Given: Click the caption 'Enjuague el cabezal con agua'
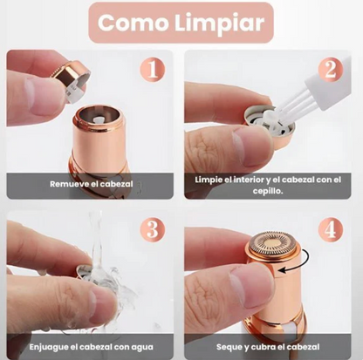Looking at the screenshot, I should (x=91, y=345).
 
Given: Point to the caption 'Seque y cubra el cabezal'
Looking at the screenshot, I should (x=271, y=345).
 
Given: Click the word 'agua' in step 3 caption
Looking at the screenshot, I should (x=141, y=345).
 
